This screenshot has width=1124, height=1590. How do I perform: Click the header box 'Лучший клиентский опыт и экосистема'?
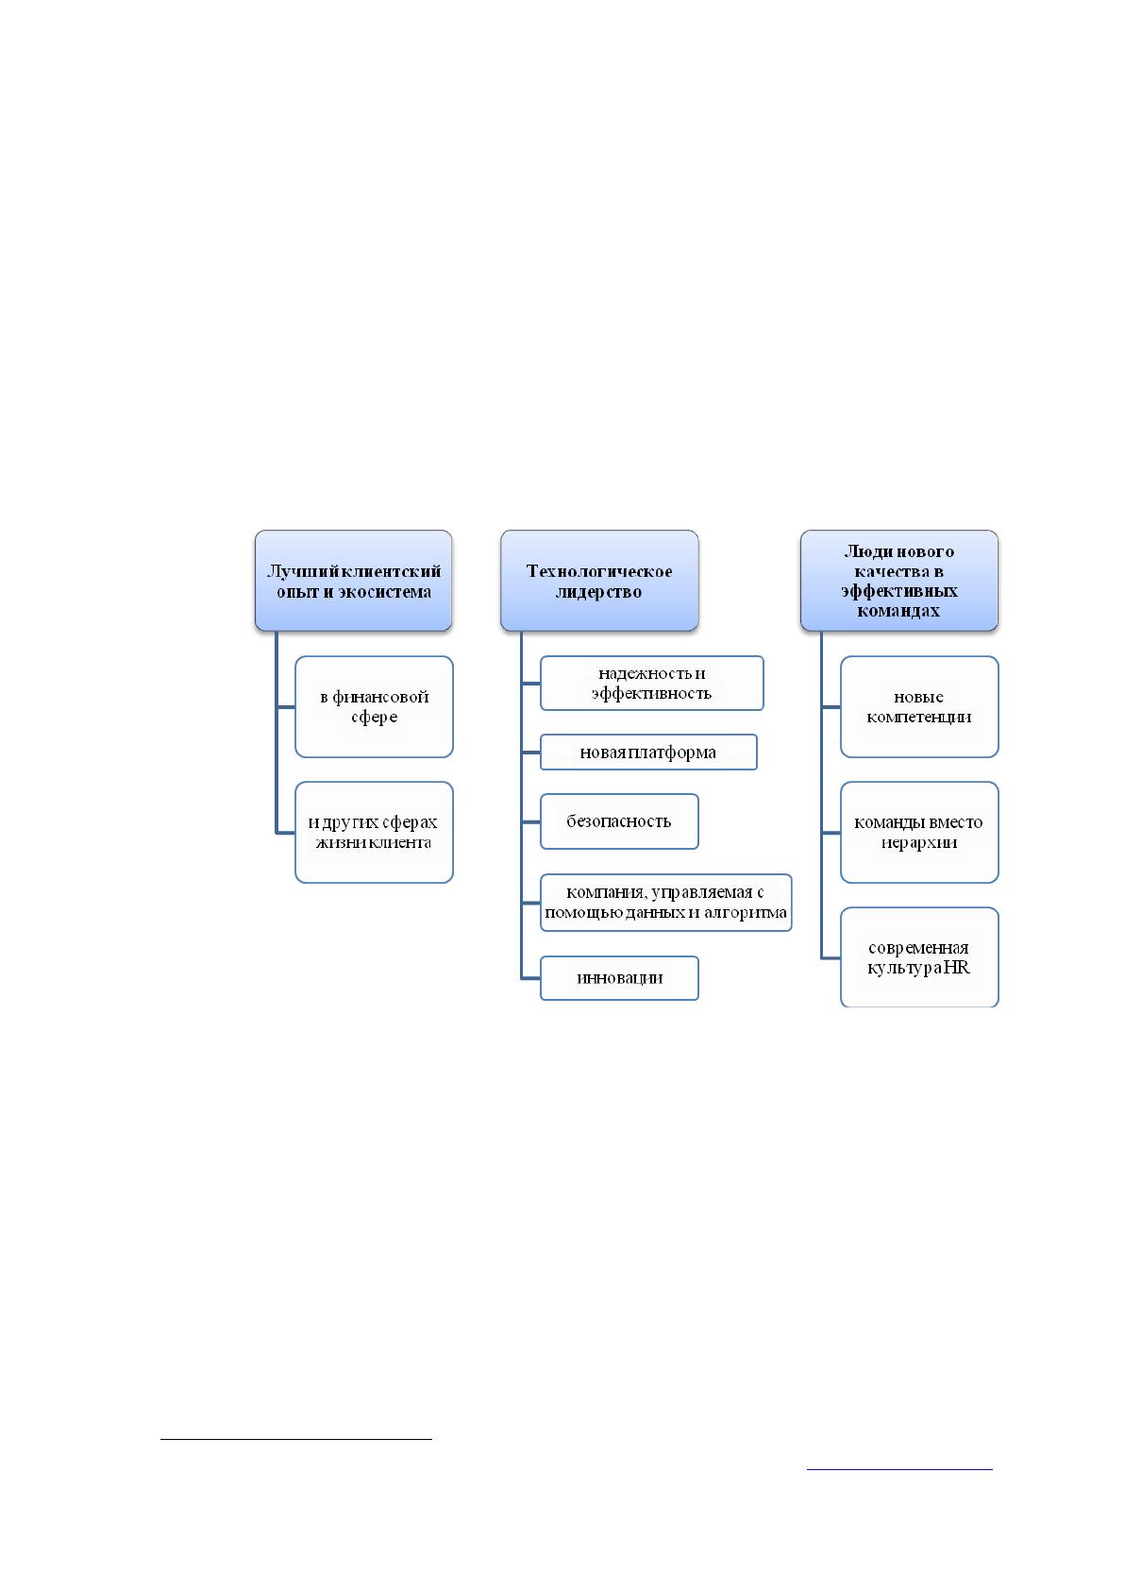pos(353,580)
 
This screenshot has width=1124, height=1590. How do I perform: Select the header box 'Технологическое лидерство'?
pos(599,580)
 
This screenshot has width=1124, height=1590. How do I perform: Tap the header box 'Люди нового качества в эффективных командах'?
pos(899,580)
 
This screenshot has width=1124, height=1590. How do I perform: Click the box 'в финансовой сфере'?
pos(374,706)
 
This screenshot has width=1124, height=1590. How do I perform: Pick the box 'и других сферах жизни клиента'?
pos(374,832)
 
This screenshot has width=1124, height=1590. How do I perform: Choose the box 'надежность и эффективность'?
pos(651,683)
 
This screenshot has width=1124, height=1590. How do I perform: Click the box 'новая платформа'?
pos(648,752)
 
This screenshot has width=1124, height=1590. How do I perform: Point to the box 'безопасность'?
pos(619,821)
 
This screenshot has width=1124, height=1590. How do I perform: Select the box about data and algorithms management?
pos(665,903)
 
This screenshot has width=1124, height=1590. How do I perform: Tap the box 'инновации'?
pos(619,978)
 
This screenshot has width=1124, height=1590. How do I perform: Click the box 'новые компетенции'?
pos(919,706)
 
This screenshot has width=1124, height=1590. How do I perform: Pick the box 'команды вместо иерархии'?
pos(919,832)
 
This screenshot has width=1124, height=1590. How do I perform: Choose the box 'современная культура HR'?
pos(919,956)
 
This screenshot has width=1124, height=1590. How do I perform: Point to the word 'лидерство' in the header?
pos(598,591)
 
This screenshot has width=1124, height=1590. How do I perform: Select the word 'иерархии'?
pos(919,842)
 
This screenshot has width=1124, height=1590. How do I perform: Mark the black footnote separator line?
pos(296,1439)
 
